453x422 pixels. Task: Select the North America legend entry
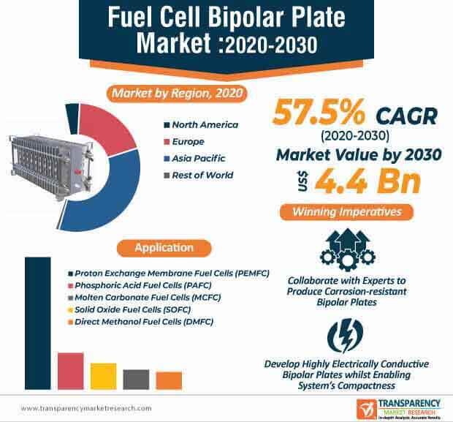[199, 125]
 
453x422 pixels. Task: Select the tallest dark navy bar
[38, 322]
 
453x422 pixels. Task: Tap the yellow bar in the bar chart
[103, 375]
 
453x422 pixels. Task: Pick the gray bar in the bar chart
[136, 379]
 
